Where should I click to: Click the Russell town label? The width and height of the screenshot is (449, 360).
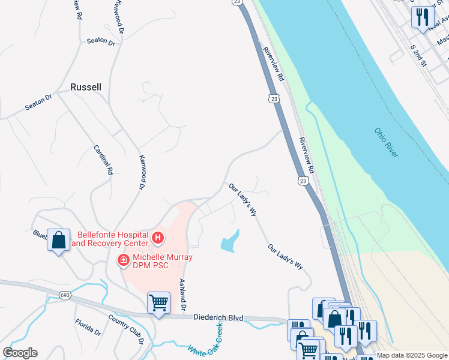(86, 86)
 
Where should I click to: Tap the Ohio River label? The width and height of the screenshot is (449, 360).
(386, 143)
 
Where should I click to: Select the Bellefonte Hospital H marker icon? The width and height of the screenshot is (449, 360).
(158, 239)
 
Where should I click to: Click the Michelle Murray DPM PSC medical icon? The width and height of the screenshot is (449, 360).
(123, 260)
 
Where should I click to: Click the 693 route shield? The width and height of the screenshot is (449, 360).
(66, 295)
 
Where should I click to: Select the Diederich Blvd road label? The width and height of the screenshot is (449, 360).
(218, 317)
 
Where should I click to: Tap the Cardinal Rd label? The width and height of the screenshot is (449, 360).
(103, 160)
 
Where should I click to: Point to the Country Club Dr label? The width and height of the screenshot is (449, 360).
(127, 328)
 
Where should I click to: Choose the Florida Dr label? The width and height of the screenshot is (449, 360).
(88, 328)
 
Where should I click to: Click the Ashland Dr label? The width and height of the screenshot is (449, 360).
(182, 295)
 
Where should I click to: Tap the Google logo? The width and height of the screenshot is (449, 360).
(20, 352)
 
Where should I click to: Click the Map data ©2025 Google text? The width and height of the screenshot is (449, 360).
(412, 355)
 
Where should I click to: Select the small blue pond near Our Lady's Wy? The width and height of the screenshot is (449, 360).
(230, 241)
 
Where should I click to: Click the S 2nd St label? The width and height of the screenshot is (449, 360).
(418, 55)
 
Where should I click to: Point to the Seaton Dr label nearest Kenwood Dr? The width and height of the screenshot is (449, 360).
(100, 41)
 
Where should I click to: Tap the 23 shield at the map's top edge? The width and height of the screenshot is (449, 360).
(238, 2)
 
